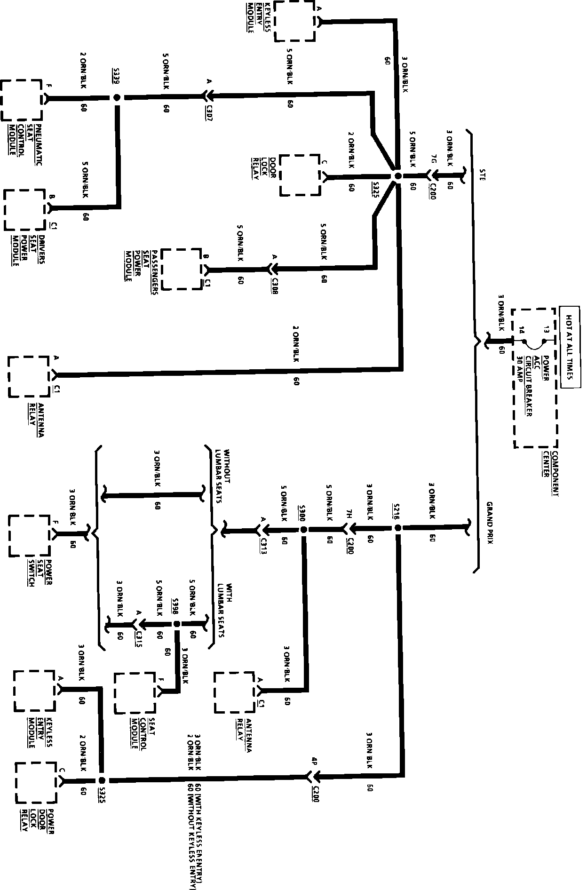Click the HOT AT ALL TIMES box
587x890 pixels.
(569, 347)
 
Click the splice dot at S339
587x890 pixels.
(117, 98)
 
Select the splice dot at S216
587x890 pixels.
(397, 528)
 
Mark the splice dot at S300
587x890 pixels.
(304, 530)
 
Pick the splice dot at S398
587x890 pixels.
(177, 624)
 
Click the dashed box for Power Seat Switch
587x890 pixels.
(29, 536)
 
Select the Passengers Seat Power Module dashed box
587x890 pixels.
(181, 269)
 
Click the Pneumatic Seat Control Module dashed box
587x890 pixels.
(22, 100)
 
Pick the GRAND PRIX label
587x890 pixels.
(489, 523)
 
